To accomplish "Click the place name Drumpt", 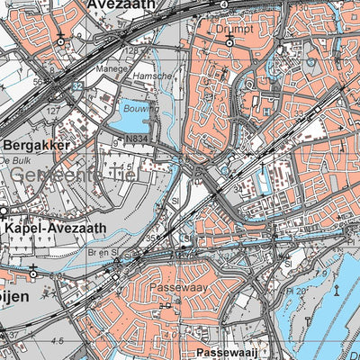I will coord(236,28).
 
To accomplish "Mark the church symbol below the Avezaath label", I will coord(60,40).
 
